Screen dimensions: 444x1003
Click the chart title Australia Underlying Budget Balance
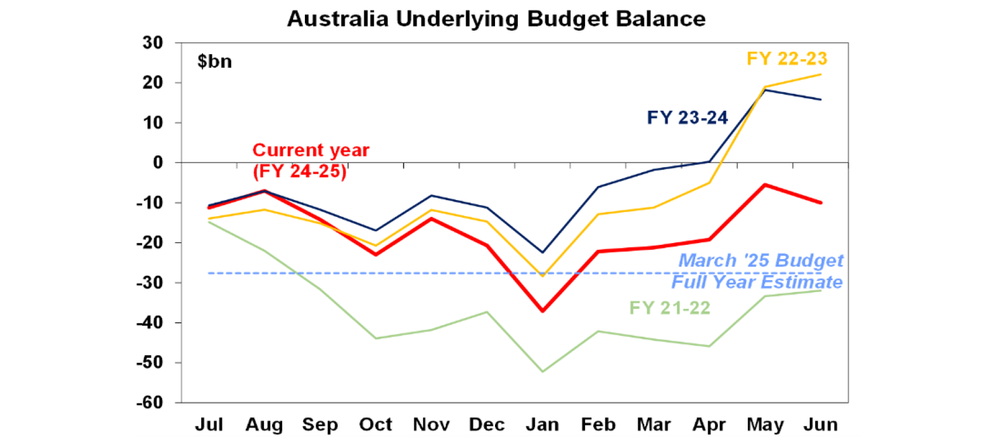[x=496, y=18]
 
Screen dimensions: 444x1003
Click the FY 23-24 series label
[x=688, y=118]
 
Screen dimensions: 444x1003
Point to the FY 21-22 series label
[x=670, y=307]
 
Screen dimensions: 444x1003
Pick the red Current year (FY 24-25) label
[x=311, y=161]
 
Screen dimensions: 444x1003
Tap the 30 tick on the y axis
[x=159, y=43]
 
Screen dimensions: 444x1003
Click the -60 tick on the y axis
[x=157, y=403]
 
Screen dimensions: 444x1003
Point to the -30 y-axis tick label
[x=157, y=283]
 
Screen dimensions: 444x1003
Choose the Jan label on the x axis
[x=543, y=425]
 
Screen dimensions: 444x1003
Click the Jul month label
[x=209, y=425]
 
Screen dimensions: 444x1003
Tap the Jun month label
[x=820, y=425]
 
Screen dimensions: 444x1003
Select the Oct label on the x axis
[x=375, y=425]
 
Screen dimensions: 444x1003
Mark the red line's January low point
[x=543, y=311]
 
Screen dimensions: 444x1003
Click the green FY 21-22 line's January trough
[x=543, y=372]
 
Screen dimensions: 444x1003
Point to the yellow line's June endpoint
[x=820, y=74]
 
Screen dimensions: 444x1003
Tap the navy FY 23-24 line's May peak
[x=765, y=89]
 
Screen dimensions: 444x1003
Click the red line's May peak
[x=765, y=185]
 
